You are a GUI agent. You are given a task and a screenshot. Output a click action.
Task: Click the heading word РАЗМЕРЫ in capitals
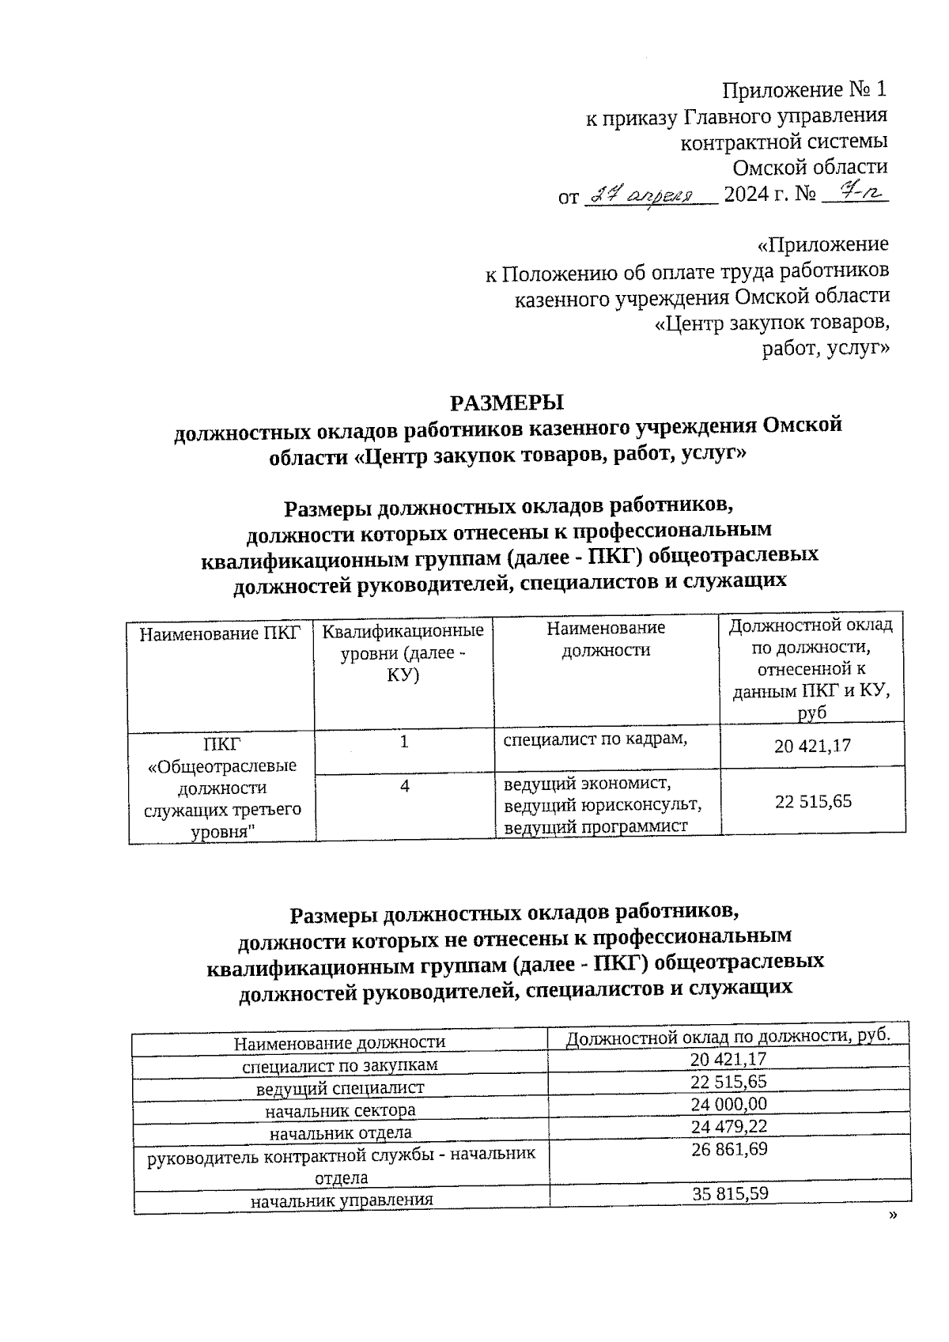pos(506,402)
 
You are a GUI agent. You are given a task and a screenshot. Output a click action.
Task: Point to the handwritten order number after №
pos(856,192)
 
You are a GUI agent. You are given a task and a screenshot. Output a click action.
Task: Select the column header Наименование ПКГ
pos(221,633)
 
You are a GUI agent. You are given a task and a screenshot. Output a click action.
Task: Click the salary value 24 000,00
pos(729,1104)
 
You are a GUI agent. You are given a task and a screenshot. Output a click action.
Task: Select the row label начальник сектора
pos(341,1110)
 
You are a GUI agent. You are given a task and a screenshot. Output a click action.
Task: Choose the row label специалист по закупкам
pos(340,1065)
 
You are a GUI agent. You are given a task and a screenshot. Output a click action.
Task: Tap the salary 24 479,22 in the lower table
pos(729,1126)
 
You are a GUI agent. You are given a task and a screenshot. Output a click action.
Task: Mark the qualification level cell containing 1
pos(405,742)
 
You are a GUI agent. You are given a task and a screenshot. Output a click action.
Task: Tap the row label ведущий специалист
pos(340,1088)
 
